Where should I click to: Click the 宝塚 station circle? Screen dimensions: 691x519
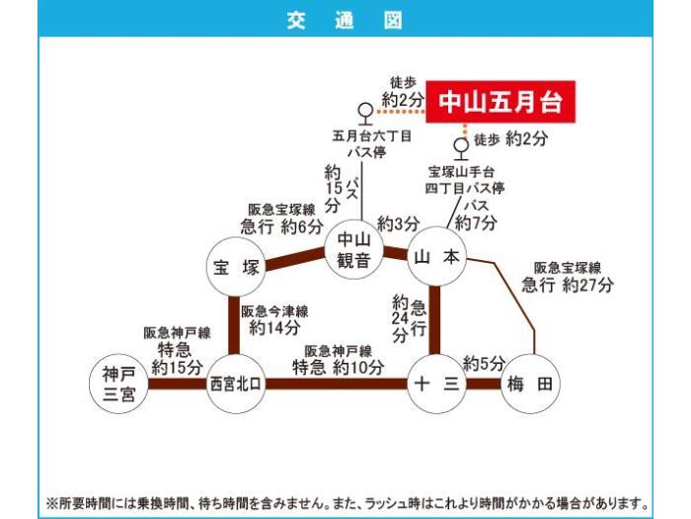tap(236, 267)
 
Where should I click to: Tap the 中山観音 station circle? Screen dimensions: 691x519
tap(353, 249)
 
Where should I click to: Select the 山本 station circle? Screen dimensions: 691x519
tap(437, 257)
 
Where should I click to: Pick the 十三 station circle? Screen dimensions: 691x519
tap(437, 384)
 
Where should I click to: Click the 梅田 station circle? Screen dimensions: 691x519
tap(530, 384)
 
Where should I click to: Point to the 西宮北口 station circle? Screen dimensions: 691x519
tap(236, 384)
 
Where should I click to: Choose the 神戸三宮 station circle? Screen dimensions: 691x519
tap(118, 384)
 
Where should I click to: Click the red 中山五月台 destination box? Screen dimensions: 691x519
tap(500, 102)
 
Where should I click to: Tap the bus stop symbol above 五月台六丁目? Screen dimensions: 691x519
tap(366, 114)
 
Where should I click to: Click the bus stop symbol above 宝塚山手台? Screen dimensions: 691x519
tap(461, 149)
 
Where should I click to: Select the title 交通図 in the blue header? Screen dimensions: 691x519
tap(345, 20)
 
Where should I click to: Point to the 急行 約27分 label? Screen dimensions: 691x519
tap(568, 285)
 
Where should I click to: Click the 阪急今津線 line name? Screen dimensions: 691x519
tap(274, 311)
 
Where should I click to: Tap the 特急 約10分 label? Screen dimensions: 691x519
tap(338, 367)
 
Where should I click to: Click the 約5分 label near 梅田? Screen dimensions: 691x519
tap(484, 364)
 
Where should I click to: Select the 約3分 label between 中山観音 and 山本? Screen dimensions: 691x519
tap(399, 224)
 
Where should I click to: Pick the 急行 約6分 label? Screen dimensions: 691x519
tap(282, 226)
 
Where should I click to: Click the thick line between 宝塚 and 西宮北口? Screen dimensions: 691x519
tap(234, 325)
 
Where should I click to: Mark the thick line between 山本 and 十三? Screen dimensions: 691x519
tap(434, 320)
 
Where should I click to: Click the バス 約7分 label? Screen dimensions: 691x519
tap(476, 215)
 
